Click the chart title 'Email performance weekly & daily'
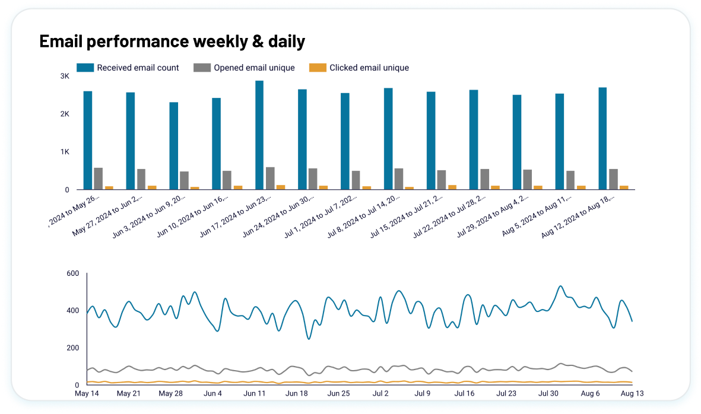[172, 42]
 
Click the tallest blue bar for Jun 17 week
[259, 135]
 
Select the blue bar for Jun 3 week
[173, 146]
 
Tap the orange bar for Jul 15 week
[452, 187]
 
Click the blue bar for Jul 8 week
[388, 139]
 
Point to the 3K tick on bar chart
[65, 77]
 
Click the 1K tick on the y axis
[65, 152]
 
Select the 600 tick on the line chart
[72, 273]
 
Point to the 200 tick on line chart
[72, 348]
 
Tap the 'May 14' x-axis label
[87, 393]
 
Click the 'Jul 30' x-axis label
[548, 393]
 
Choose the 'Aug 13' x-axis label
[632, 393]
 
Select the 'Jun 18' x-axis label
[296, 393]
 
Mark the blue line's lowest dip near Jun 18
[309, 339]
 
